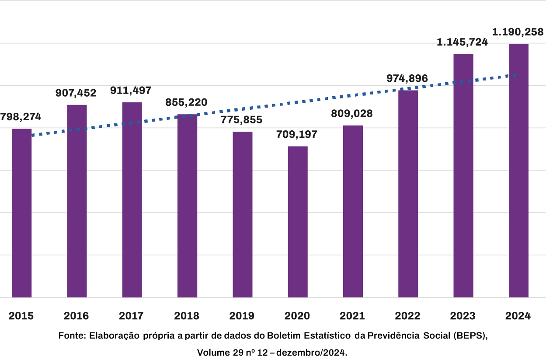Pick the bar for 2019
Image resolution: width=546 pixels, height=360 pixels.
click(x=242, y=214)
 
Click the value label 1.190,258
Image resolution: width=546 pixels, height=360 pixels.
click(x=518, y=32)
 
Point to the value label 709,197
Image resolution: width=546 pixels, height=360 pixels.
click(x=297, y=134)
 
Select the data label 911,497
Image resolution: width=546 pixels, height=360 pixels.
click(x=131, y=91)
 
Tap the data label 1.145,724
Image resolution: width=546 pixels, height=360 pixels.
click(x=463, y=42)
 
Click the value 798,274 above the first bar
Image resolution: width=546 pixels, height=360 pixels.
click(x=21, y=117)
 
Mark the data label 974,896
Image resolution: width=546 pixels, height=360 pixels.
click(x=407, y=79)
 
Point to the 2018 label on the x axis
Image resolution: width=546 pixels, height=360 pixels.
click(x=187, y=316)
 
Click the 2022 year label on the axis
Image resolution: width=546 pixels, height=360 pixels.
click(x=407, y=316)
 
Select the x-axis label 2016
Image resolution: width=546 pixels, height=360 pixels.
click(x=76, y=316)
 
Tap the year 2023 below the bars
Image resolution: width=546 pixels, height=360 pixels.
click(x=463, y=316)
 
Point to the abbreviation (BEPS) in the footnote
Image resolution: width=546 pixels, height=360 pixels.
click(x=470, y=336)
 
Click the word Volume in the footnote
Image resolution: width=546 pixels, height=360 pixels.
click(x=212, y=352)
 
